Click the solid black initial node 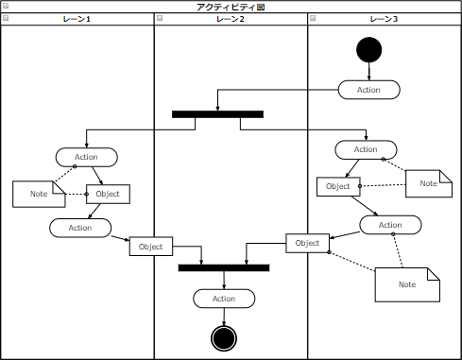[x=368, y=50]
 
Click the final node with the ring [x=223, y=337]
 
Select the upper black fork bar [x=217, y=114]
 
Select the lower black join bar [x=224, y=267]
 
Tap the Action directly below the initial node [x=368, y=90]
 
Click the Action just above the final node [x=224, y=299]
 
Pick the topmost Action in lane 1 [x=86, y=157]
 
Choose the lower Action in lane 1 [x=80, y=228]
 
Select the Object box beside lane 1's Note [x=108, y=194]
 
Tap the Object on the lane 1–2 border [x=151, y=247]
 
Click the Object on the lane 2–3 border [x=307, y=243]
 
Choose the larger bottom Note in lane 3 [x=407, y=284]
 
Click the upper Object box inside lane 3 [x=338, y=186]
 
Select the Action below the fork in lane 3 [x=366, y=149]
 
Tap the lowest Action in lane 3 [x=390, y=225]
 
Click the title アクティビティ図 [x=231, y=7]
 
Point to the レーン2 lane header [x=231, y=19]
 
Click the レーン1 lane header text [x=77, y=19]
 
